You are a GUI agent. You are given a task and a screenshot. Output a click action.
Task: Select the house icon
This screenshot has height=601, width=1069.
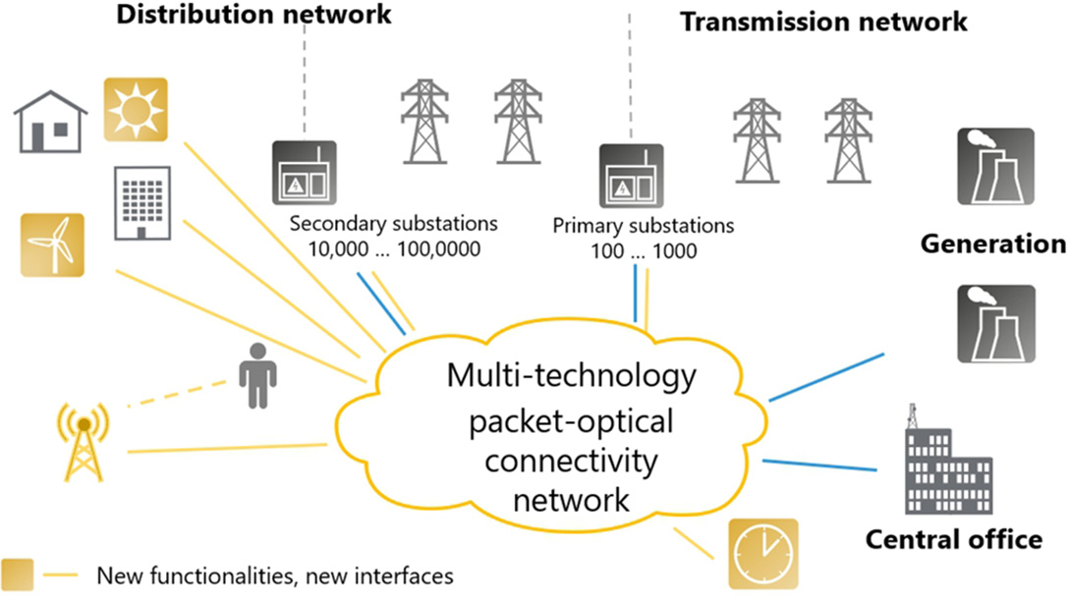click(50, 122)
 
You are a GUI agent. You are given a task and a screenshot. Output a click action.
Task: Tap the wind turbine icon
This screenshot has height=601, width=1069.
click(52, 245)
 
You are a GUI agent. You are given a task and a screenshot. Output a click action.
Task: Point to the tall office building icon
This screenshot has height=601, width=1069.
click(139, 202)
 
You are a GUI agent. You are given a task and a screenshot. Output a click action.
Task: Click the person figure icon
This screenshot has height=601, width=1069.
click(258, 375)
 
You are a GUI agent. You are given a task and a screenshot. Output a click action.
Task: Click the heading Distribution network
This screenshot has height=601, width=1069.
click(253, 15)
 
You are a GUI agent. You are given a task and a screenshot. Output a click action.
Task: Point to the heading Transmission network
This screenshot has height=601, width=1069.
click(824, 21)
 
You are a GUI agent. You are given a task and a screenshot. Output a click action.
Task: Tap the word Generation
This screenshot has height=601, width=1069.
click(992, 244)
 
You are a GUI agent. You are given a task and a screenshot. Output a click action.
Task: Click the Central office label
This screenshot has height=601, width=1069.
click(953, 539)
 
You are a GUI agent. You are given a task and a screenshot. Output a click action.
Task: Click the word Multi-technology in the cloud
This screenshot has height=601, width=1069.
click(571, 376)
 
